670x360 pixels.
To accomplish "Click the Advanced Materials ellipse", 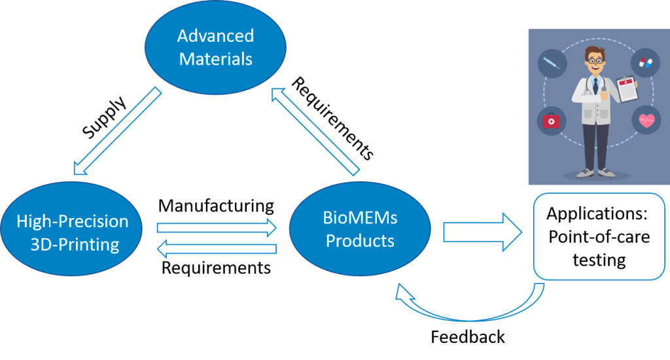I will (x=216, y=47).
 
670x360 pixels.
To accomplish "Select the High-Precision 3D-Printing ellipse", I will (x=73, y=232).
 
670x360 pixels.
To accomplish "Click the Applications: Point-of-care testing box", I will (x=599, y=236).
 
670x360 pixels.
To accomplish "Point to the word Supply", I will (x=105, y=118).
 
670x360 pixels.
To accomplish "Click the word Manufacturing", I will (x=216, y=206).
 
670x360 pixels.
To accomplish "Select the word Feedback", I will (x=468, y=336).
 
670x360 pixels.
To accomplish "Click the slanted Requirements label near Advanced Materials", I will (x=332, y=118).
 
